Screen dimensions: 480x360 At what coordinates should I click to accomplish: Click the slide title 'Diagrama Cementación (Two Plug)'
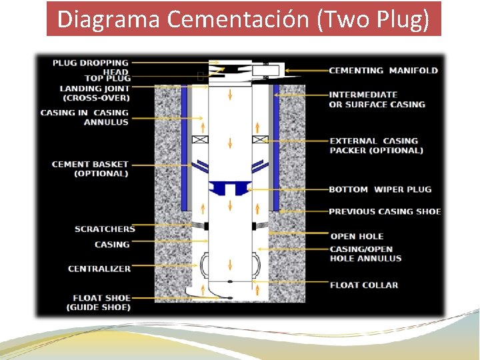243,19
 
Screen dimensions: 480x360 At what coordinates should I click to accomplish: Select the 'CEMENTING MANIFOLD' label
383,71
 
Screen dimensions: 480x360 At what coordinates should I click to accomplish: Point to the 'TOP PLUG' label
107,79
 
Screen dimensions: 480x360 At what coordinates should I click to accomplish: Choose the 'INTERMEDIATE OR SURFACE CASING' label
377,99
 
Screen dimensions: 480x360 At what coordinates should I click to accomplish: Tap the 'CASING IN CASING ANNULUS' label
85,117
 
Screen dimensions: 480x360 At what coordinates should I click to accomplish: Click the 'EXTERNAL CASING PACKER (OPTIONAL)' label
376,145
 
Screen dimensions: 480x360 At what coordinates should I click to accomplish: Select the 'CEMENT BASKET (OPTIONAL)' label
90,169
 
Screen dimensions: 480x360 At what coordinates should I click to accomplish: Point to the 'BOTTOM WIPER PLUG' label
380,189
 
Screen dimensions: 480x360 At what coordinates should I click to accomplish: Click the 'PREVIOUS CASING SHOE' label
385,211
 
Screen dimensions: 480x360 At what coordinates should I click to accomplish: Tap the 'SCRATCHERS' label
105,229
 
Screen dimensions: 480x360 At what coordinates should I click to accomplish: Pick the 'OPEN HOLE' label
357,236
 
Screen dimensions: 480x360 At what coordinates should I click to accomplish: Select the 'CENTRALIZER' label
99,269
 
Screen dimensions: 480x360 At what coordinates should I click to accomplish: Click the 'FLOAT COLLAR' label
363,285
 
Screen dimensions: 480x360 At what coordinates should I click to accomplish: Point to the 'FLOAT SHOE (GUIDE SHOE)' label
98,303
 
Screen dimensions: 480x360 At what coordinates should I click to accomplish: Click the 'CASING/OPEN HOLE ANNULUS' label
365,253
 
